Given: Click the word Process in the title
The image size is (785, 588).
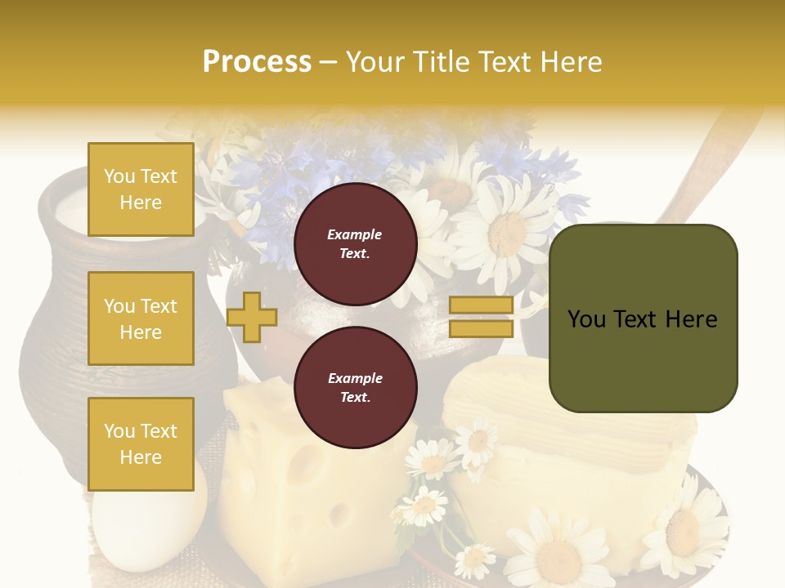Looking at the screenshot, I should pyautogui.click(x=257, y=62).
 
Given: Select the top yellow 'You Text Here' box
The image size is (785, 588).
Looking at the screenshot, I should pyautogui.click(x=141, y=189).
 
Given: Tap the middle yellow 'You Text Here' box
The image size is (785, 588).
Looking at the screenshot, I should pyautogui.click(x=141, y=318).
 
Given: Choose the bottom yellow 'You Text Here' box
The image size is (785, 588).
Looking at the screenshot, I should pyautogui.click(x=141, y=444).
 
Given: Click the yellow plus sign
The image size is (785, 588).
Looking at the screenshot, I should pyautogui.click(x=252, y=317).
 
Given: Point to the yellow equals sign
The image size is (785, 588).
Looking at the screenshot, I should pyautogui.click(x=481, y=317).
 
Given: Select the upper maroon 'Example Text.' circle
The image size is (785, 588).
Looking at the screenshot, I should pyautogui.click(x=355, y=243).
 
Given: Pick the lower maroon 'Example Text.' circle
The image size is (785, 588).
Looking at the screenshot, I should pyautogui.click(x=355, y=387).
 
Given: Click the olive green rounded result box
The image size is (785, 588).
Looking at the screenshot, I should pyautogui.click(x=643, y=318).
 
